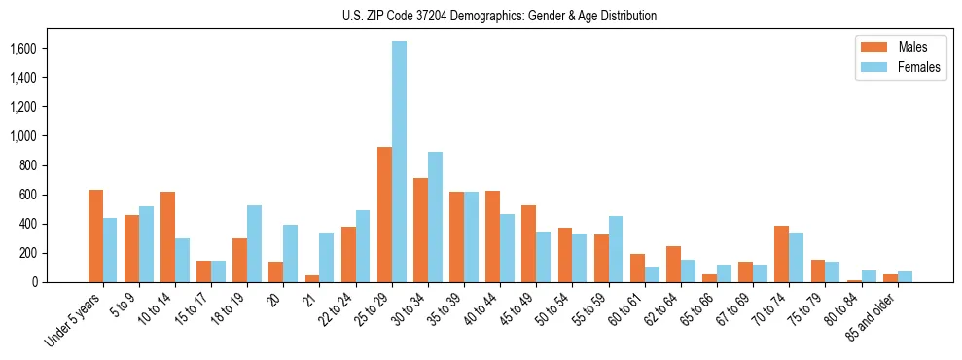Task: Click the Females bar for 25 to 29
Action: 399,162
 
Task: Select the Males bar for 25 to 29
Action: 384,215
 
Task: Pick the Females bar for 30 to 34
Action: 435,217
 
